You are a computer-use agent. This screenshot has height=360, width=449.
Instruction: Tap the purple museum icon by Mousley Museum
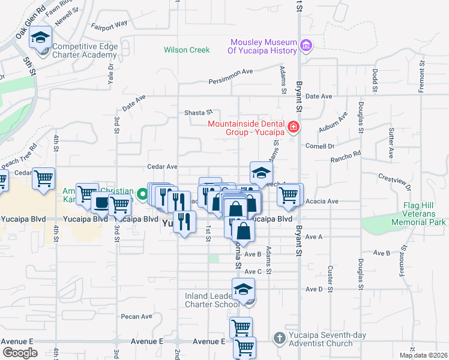pyautogui.click(x=306, y=45)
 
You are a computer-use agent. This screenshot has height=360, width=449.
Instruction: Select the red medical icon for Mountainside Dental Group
pyautogui.click(x=293, y=127)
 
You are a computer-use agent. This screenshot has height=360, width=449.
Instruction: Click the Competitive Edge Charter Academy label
pyautogui.click(x=85, y=51)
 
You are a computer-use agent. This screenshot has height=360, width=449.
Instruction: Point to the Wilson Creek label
pyautogui.click(x=187, y=50)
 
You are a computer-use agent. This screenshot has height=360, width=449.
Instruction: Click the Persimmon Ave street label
pyautogui.click(x=231, y=76)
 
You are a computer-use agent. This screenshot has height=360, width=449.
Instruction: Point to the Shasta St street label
pyautogui.click(x=199, y=112)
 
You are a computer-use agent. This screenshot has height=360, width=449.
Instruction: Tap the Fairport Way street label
pyautogui.click(x=109, y=25)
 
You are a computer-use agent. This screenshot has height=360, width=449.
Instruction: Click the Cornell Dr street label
pyautogui.click(x=320, y=146)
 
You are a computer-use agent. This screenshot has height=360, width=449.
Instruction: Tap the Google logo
pyautogui.click(x=20, y=352)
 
